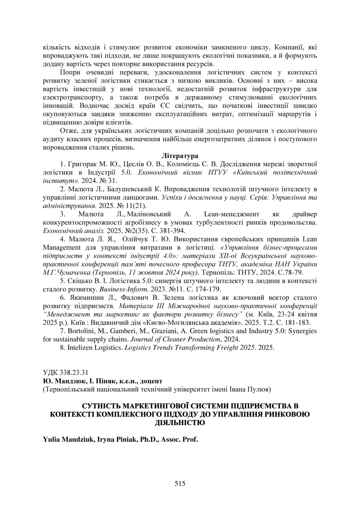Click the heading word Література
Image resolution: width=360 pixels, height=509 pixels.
pos(180,156)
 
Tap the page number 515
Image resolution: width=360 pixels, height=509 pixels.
pos(180,483)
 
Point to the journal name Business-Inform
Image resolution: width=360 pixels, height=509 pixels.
pos(116,289)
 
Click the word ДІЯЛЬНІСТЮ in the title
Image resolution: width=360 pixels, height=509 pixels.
pos(180,422)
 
